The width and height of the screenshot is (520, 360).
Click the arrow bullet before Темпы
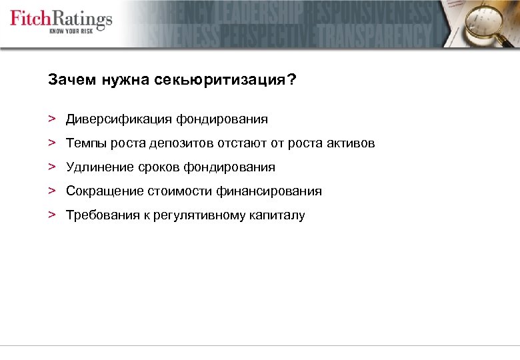tap(51, 143)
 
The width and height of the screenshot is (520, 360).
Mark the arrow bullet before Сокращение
tap(51, 191)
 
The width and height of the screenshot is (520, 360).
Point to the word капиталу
tap(277, 215)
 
